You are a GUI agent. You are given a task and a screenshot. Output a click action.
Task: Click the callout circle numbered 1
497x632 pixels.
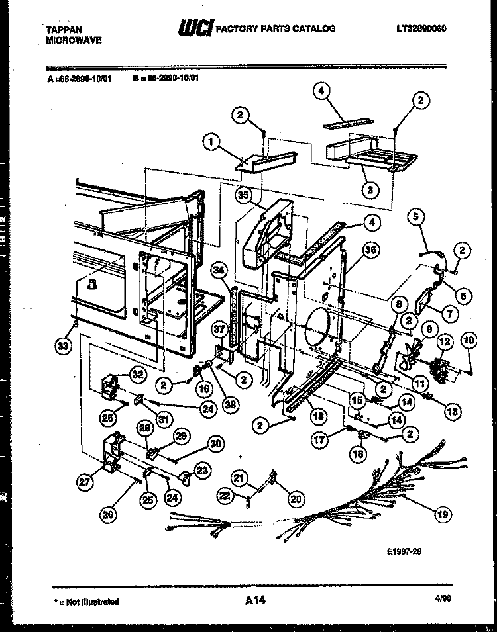tap(211, 141)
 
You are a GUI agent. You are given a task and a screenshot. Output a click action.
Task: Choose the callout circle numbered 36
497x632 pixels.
tap(370, 251)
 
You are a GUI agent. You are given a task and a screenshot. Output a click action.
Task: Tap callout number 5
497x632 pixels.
tap(415, 215)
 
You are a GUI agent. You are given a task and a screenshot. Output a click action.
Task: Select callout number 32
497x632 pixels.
tap(138, 375)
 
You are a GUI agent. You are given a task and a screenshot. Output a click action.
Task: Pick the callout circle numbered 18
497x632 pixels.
tap(318, 416)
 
